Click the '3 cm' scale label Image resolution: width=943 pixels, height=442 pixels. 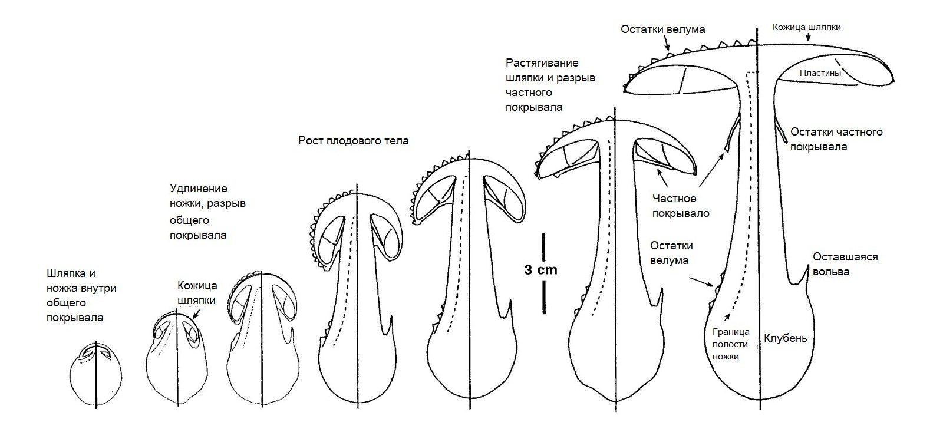click(x=541, y=270)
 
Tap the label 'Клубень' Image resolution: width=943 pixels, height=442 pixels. click(x=786, y=338)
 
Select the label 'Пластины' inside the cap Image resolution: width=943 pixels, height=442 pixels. click(x=820, y=73)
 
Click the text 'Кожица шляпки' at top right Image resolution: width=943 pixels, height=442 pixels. click(x=807, y=27)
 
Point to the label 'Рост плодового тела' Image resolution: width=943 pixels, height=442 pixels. click(x=354, y=141)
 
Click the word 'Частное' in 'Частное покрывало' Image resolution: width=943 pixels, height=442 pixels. click(x=674, y=198)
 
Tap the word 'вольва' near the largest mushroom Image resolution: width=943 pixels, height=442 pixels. click(x=831, y=272)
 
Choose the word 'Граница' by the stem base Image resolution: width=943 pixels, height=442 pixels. click(x=731, y=332)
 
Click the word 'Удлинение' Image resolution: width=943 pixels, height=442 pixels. click(x=198, y=189)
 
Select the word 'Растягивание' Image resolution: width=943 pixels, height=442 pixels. click(x=542, y=63)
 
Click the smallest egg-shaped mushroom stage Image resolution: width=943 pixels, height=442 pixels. click(x=96, y=374)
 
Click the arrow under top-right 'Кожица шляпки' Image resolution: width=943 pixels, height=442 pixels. click(x=808, y=38)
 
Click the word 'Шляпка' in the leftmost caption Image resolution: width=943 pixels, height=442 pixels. click(x=71, y=273)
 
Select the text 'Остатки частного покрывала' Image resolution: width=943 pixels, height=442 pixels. click(x=836, y=139)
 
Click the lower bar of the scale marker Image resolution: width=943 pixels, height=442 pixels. click(x=543, y=297)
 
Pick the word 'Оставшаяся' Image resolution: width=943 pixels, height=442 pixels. click(x=845, y=257)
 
